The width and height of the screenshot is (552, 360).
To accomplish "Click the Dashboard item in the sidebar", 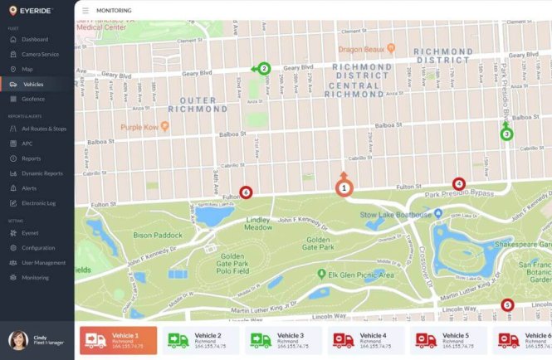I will pos(34,39).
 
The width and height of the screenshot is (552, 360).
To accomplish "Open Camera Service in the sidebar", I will pos(40,54).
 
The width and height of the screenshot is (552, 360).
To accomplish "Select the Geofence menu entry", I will pos(33,99).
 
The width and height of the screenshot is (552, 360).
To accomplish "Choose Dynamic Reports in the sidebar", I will pos(42,173).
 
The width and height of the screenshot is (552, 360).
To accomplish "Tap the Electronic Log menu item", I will pos(38,203).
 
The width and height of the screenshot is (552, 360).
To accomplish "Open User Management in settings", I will pos(43,263).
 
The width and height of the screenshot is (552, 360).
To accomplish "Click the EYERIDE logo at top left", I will pos(32,10).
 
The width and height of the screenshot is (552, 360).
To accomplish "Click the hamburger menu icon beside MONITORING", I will pos(85,11).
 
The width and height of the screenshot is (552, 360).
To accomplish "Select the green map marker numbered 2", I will pos(264,69).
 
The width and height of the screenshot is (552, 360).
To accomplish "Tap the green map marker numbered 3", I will pos(506,134).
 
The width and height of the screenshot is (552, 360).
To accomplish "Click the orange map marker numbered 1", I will pos(343,188).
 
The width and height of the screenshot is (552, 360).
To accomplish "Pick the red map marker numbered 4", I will pos(458,184).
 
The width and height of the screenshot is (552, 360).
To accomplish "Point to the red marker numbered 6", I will pos(245,192).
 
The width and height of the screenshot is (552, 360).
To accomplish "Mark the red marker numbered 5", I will pos(507,305).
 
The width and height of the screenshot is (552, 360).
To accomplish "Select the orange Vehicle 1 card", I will pos(118,340).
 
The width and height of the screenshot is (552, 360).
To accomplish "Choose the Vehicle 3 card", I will pos(283,340).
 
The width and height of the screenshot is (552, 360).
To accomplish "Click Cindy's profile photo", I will pos(17,340).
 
